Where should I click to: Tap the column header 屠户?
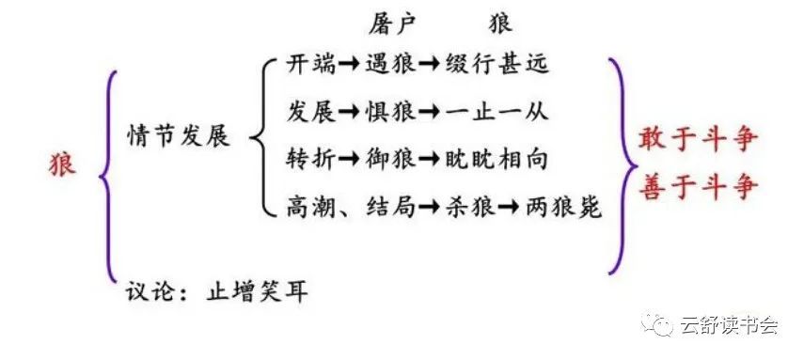393,23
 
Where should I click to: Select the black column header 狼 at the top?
502,23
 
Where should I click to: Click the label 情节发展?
179,135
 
